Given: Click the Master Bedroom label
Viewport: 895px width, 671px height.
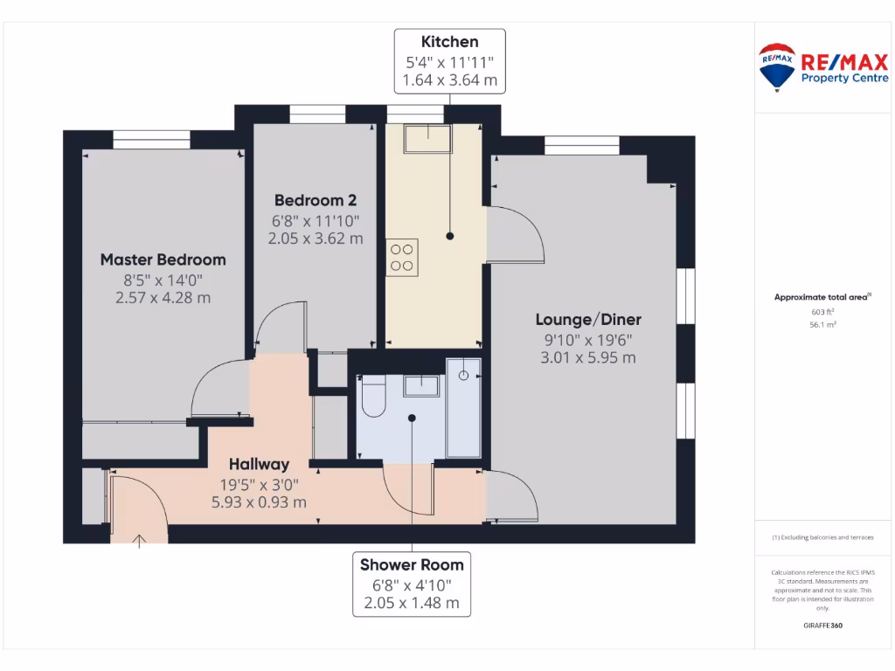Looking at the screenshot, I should click(163, 259).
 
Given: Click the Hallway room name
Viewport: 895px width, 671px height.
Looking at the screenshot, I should click(259, 464).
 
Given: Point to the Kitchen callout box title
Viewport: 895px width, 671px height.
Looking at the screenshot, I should click(450, 42).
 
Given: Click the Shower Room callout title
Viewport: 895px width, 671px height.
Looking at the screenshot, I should click(412, 564).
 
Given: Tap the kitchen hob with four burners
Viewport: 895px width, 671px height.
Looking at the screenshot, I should click(402, 257).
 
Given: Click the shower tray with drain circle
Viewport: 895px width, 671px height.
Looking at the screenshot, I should click(463, 406).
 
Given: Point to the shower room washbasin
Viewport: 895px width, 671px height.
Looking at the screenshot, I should click(421, 386).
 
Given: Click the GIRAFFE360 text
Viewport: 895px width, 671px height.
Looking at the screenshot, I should click(822, 626).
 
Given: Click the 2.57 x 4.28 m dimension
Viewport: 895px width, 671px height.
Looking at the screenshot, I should click(163, 298).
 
